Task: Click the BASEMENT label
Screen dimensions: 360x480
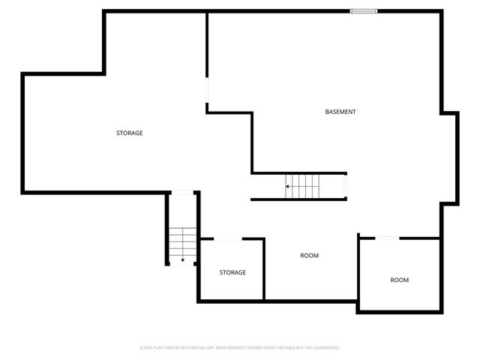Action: [340, 112]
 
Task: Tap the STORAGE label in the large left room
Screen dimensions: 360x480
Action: [129, 133]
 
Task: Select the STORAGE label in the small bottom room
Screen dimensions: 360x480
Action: [232, 272]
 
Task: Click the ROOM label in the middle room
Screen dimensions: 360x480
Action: [310, 256]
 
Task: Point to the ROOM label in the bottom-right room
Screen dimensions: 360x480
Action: [399, 280]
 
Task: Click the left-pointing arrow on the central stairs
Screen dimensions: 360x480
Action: [287, 186]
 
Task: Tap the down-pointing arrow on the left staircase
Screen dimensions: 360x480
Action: [182, 259]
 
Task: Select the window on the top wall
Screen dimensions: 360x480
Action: [364, 10]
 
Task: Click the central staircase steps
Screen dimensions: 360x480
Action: [304, 185]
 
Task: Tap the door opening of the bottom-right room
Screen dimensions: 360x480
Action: [386, 238]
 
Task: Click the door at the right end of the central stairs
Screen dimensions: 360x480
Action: [345, 184]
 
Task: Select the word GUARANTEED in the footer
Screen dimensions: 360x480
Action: [324, 348]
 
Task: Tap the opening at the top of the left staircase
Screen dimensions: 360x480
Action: [181, 193]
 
